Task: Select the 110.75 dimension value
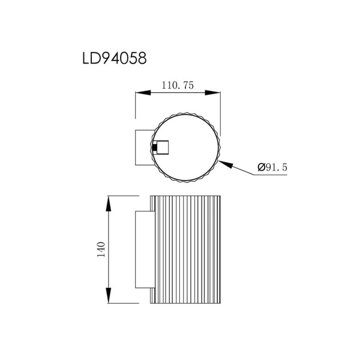(178, 86)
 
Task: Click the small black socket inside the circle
(155, 147)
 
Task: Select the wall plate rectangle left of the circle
(142, 147)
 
